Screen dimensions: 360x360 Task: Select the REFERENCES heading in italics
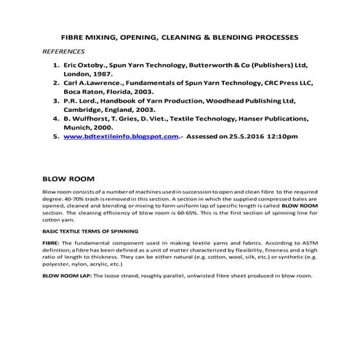[x=64, y=52]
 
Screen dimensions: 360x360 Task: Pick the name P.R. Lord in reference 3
[x=80, y=103]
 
